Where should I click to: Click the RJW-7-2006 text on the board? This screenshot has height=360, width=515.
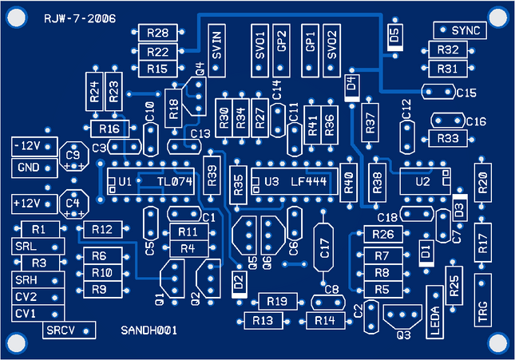[73, 16]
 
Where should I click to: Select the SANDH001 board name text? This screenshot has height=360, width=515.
[149, 330]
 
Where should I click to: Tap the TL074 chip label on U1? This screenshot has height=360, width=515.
[175, 182]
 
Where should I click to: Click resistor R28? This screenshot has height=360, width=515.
[158, 33]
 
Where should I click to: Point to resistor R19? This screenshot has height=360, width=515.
[277, 301]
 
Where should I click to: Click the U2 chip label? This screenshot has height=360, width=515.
[424, 182]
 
